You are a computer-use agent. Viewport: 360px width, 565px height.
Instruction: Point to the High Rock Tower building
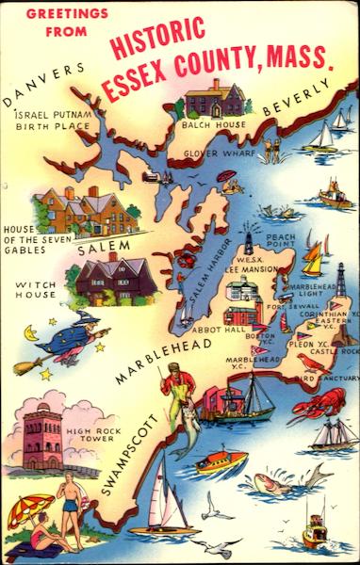(43, 434)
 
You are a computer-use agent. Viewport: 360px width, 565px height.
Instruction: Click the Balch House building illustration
(215, 99)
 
